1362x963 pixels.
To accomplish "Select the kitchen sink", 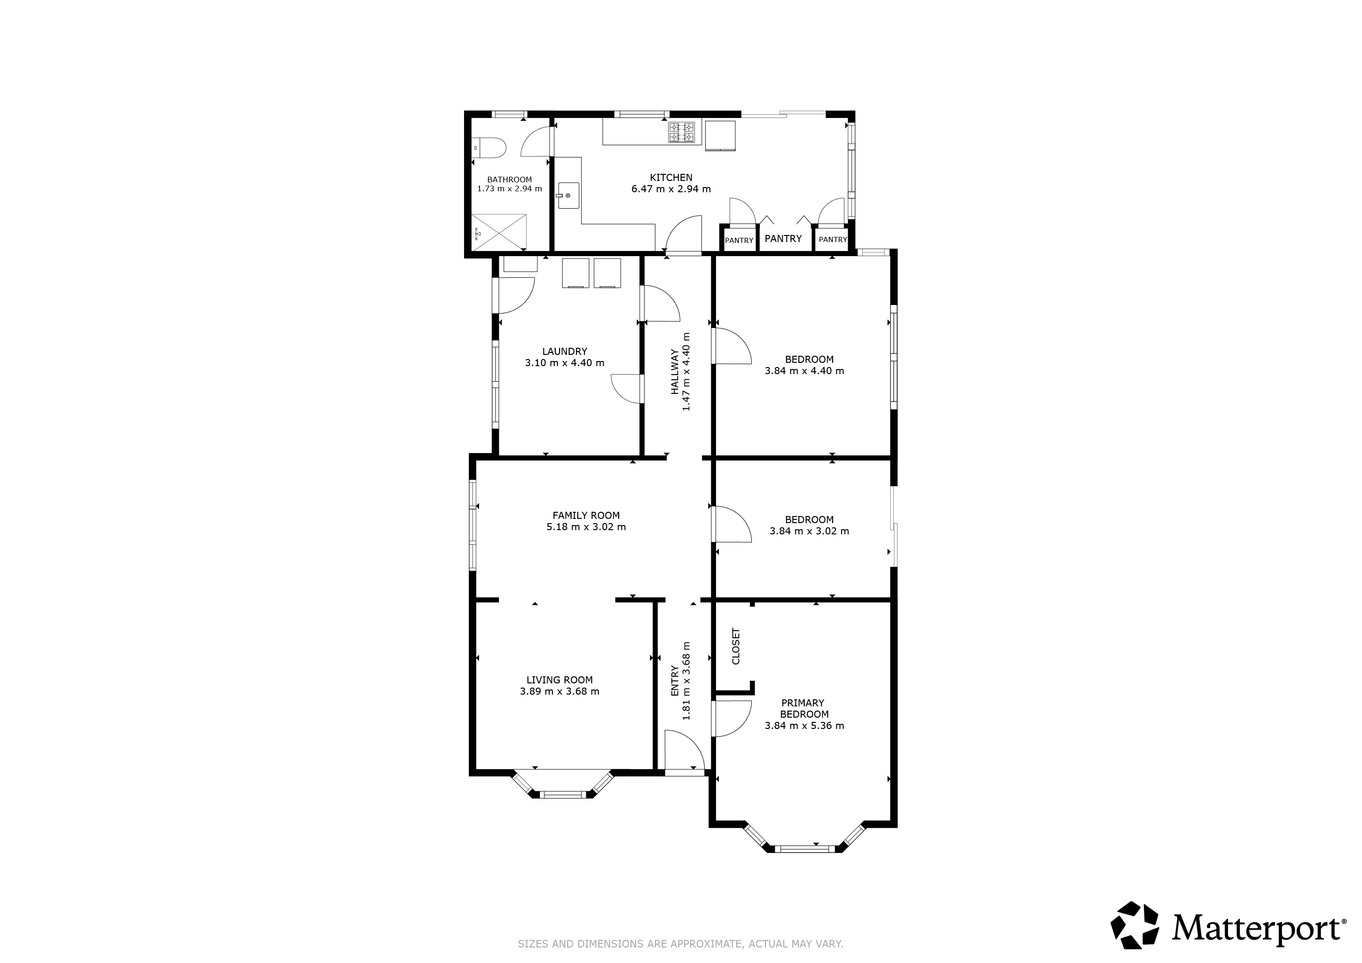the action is [x=568, y=196].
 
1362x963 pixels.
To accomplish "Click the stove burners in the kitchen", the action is [x=682, y=132].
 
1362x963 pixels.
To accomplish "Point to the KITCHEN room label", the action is [x=671, y=177].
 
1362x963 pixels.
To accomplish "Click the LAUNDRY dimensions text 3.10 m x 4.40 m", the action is [x=565, y=363].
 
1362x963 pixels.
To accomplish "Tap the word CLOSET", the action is [x=736, y=646].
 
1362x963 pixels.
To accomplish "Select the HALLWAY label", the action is [x=675, y=372].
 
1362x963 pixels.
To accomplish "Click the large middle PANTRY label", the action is [x=783, y=238].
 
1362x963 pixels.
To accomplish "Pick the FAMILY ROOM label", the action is [x=586, y=515].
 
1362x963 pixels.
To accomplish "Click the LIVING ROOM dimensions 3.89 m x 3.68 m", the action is [x=560, y=691].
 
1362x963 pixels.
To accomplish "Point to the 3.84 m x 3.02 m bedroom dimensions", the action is [x=809, y=531].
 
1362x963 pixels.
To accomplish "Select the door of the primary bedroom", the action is [x=732, y=718].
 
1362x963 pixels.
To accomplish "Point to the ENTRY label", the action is [x=675, y=681].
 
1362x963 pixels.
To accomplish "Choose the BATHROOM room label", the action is [x=510, y=180].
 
